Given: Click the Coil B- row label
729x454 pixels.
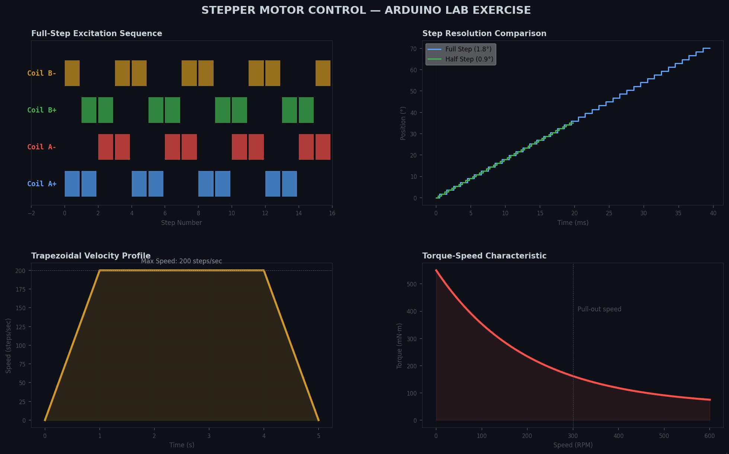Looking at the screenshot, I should pyautogui.click(x=42, y=73).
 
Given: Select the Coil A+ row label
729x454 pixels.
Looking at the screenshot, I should pyautogui.click(x=42, y=184).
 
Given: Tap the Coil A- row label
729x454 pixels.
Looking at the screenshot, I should pyautogui.click(x=42, y=147).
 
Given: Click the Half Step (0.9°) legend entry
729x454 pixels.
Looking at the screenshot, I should pyautogui.click(x=469, y=59).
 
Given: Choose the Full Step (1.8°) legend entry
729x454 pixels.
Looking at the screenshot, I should pyautogui.click(x=468, y=49).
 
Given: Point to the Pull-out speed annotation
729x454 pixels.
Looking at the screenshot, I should pyautogui.click(x=599, y=309).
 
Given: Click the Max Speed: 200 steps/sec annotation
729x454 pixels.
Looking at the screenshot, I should pyautogui.click(x=181, y=261).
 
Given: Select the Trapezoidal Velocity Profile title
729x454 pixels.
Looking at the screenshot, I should pyautogui.click(x=91, y=256).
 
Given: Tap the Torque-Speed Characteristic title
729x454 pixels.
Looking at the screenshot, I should pyautogui.click(x=484, y=256).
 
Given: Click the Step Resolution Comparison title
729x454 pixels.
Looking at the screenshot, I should pyautogui.click(x=484, y=34).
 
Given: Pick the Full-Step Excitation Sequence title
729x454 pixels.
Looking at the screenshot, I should pyautogui.click(x=97, y=34).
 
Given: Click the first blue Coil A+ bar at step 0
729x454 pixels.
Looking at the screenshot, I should pyautogui.click(x=72, y=184).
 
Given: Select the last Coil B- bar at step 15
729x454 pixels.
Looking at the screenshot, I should pyautogui.click(x=323, y=73).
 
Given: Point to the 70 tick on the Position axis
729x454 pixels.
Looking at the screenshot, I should pyautogui.click(x=413, y=49).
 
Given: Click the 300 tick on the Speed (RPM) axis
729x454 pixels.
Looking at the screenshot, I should pyautogui.click(x=573, y=436).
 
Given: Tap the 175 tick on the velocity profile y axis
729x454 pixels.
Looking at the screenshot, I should pyautogui.click(x=20, y=289).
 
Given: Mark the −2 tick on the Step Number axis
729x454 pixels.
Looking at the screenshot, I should pyautogui.click(x=31, y=213).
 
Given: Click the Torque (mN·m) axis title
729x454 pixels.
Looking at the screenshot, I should pyautogui.click(x=400, y=346).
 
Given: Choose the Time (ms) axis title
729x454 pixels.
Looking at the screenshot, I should pyautogui.click(x=573, y=223).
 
